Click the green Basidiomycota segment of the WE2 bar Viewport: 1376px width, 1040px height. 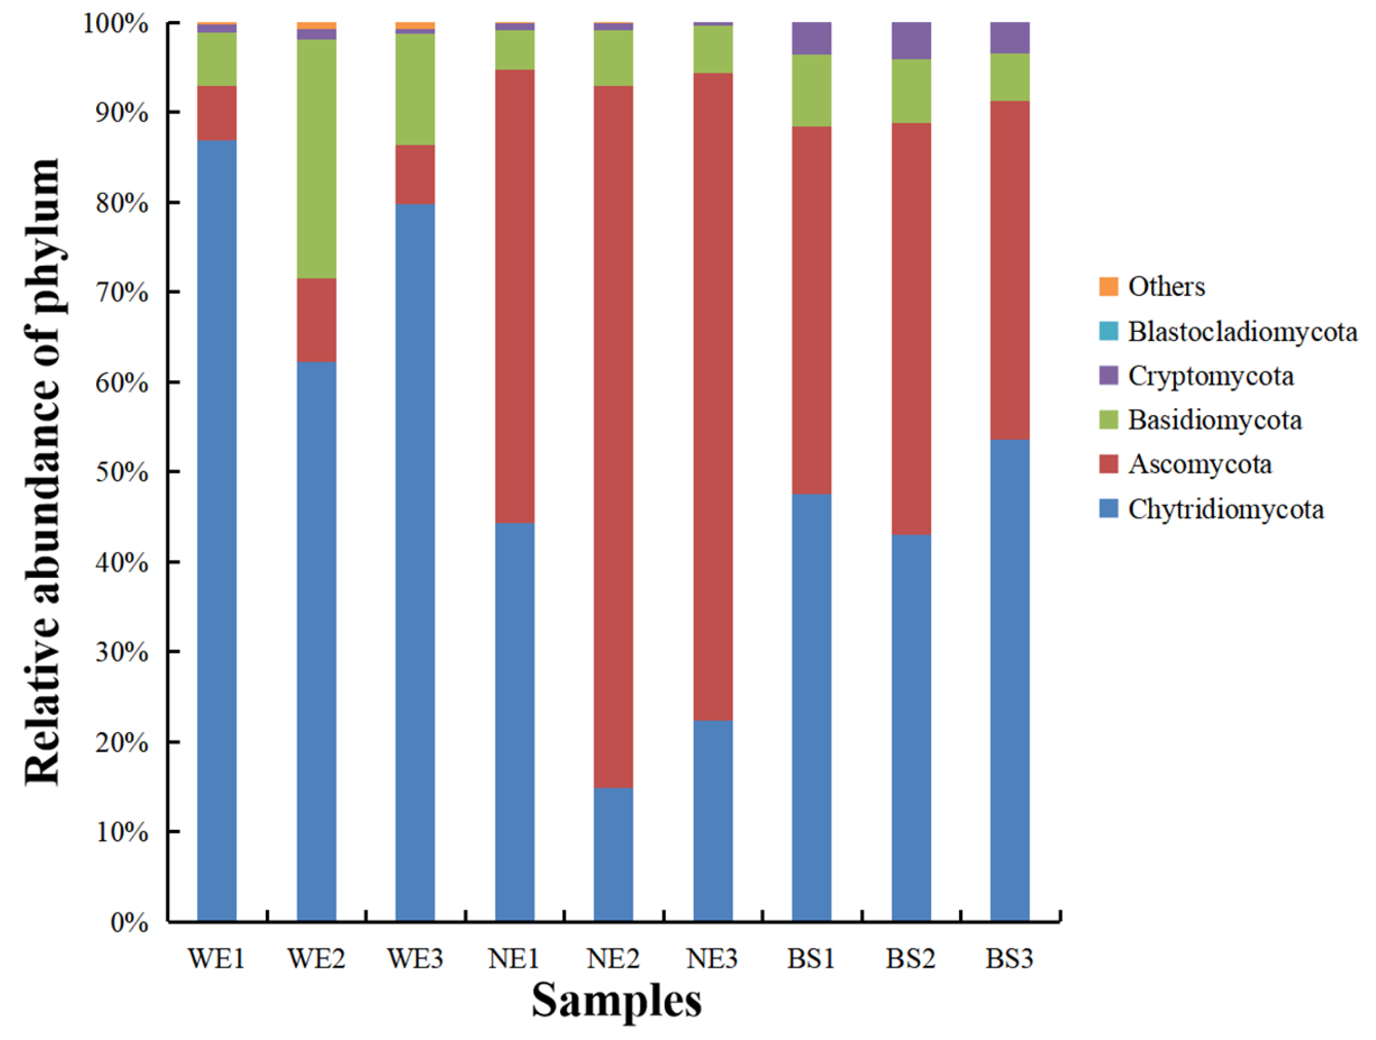(316, 159)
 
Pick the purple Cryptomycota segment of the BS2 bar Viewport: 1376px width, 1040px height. (911, 41)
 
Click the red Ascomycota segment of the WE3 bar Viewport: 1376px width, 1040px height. (415, 174)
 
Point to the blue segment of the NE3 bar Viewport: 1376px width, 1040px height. (713, 820)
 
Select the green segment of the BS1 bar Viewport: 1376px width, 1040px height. (811, 90)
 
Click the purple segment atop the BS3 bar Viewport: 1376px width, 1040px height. (1010, 38)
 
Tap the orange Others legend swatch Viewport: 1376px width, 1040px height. (1108, 287)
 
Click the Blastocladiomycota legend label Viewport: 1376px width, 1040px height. (1242, 332)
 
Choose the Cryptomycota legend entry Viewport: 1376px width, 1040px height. (1210, 376)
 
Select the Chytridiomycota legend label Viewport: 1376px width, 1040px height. (1225, 509)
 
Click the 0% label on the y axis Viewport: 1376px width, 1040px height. (130, 922)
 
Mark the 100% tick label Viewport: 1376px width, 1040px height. (116, 25)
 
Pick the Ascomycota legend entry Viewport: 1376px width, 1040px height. (1199, 464)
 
